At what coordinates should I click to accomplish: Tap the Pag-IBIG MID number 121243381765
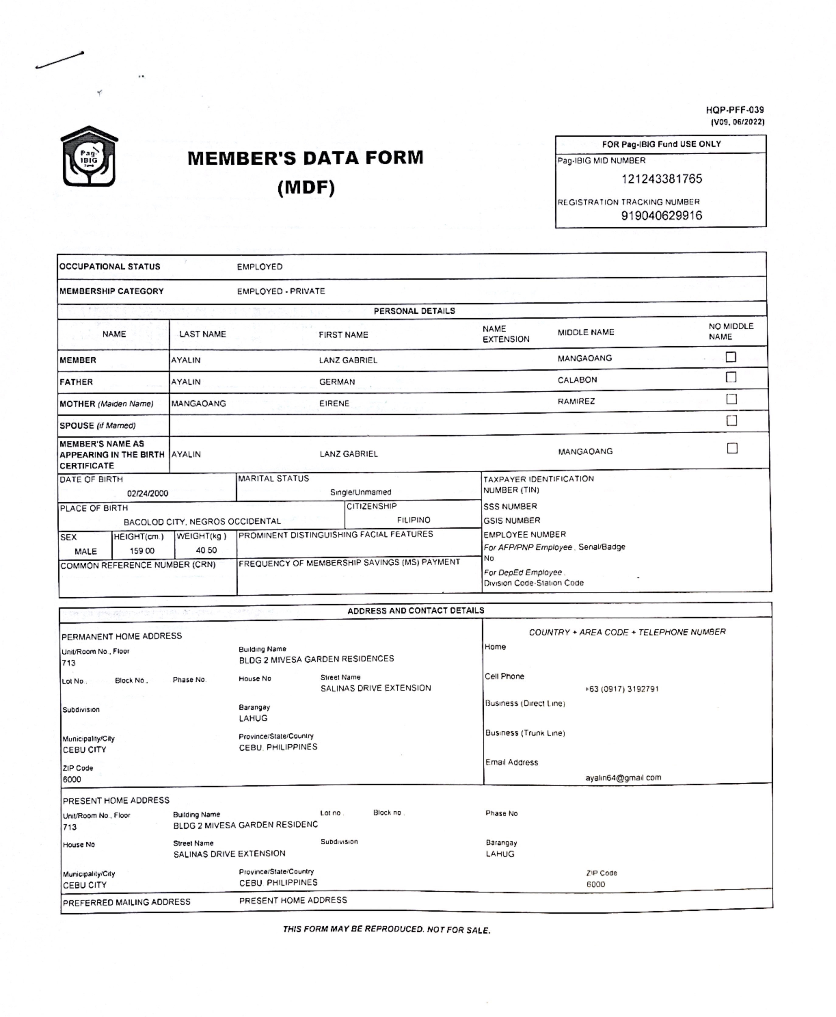point(661,179)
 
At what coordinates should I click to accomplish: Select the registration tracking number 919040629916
point(661,215)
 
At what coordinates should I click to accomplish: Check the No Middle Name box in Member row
point(730,357)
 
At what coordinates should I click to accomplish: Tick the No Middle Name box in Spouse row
point(731,421)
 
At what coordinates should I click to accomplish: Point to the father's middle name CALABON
point(577,380)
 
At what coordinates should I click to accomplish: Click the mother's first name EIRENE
point(334,403)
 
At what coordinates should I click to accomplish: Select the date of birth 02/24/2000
point(147,493)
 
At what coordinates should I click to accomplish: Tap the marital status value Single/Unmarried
point(360,492)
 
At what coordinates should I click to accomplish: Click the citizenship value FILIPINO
point(413,520)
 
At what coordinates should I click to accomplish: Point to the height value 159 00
point(142,551)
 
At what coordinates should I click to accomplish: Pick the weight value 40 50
point(206,550)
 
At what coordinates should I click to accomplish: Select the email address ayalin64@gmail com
point(623,778)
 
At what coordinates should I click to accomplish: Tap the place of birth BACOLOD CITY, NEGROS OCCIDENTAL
point(202,521)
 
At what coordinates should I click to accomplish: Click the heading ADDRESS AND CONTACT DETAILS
point(416,610)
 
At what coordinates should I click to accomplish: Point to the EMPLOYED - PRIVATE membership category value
point(281,291)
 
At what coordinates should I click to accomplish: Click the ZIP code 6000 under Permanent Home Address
point(72,779)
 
